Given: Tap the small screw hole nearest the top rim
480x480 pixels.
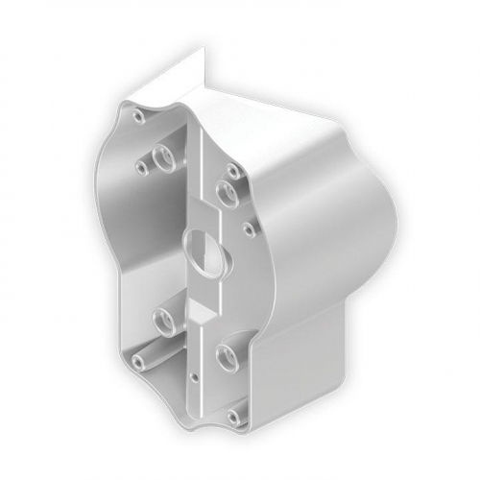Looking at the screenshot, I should click(140, 115).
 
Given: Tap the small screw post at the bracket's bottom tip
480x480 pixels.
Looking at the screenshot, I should click(234, 417).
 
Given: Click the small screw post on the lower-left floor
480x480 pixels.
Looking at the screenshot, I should click(139, 362).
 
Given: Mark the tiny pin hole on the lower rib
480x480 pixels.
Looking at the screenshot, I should click(195, 375).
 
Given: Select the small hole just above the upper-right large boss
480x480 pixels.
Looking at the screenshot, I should click(232, 171).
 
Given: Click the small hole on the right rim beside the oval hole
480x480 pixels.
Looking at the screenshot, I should click(249, 229).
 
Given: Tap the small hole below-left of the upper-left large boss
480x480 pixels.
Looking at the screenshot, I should click(141, 168).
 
